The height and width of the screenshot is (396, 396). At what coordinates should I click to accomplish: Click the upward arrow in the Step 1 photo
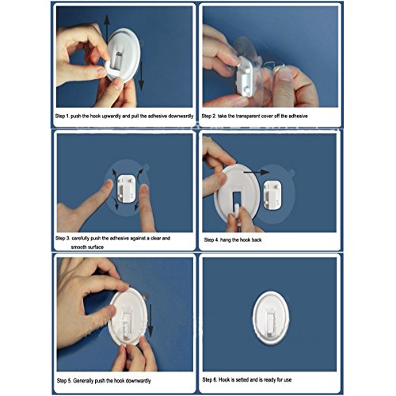[106, 29]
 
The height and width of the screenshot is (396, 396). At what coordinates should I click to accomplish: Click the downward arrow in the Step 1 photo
[142, 76]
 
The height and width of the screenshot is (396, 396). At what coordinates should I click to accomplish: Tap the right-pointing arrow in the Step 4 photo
[256, 173]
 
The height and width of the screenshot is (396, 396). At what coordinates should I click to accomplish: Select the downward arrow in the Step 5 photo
[150, 320]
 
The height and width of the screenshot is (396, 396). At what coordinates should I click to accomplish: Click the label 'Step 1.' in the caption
[63, 116]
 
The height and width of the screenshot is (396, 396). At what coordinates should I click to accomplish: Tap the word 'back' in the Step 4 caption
[257, 240]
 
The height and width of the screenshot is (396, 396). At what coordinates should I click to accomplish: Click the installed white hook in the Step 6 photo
[271, 318]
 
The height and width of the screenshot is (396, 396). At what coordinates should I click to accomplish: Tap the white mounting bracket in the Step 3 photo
[126, 188]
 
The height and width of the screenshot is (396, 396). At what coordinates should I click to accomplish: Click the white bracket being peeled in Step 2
[244, 77]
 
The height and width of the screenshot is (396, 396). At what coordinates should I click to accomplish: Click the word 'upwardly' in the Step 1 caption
[119, 116]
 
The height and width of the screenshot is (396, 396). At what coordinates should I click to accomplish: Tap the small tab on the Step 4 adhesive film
[291, 173]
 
